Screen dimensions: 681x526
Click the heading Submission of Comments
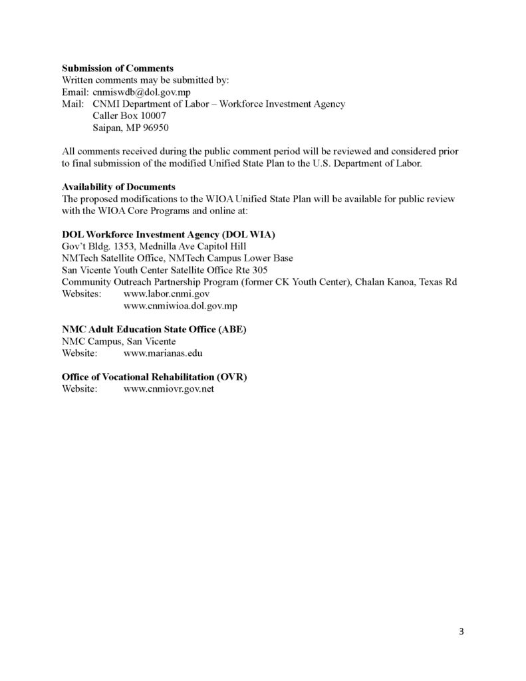point(118,68)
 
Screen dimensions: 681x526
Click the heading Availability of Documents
point(118,187)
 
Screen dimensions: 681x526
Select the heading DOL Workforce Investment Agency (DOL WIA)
point(168,235)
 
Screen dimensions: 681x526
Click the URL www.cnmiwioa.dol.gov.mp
point(181,305)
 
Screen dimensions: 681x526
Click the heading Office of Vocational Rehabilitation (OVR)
point(154,377)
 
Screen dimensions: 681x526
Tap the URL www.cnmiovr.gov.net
point(169,389)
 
